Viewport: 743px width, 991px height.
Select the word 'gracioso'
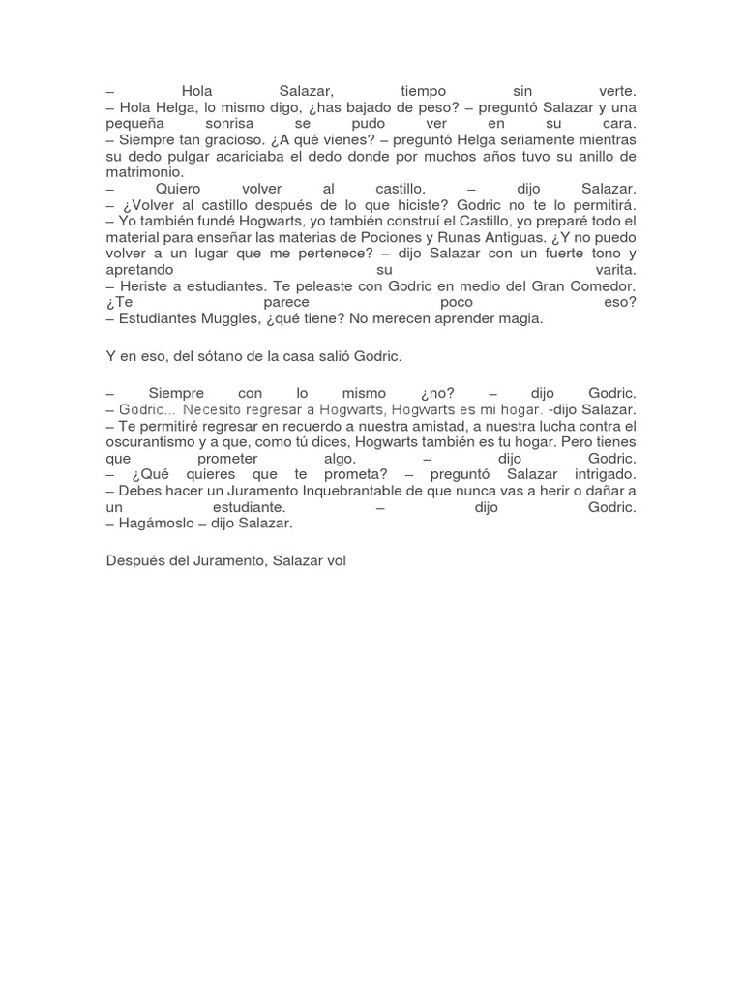point(241,140)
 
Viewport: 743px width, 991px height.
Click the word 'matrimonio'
point(144,171)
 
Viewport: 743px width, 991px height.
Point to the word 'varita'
point(612,270)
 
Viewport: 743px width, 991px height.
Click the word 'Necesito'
point(214,411)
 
